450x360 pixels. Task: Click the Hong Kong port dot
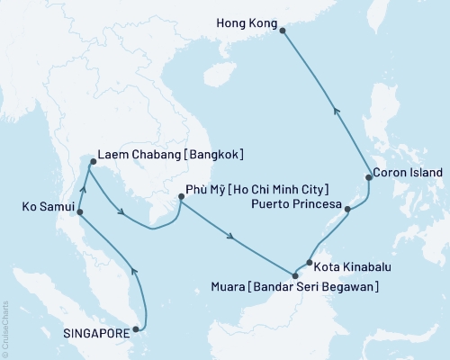pyautogui.click(x=283, y=31)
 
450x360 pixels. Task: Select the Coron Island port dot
pyautogui.click(x=368, y=178)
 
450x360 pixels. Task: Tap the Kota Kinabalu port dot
pyautogui.click(x=308, y=264)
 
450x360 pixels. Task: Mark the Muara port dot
pyautogui.click(x=294, y=275)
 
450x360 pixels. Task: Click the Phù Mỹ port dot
pyautogui.click(x=180, y=202)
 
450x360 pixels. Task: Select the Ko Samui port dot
pyautogui.click(x=79, y=213)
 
